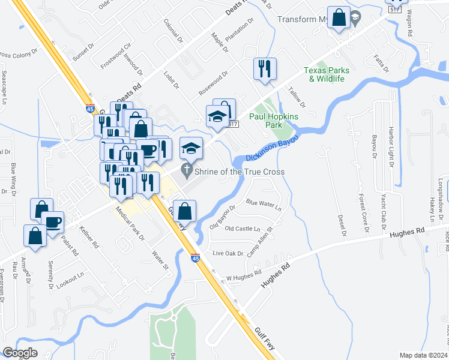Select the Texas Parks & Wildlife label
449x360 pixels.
point(327,74)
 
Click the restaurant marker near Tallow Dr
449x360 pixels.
point(264,69)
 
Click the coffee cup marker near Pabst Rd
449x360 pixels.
point(52,223)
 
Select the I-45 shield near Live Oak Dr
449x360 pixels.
point(196,258)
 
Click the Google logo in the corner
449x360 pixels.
point(20,353)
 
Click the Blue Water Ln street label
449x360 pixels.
point(264,205)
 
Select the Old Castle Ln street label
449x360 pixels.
point(243,229)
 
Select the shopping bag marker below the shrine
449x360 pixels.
point(185,210)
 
